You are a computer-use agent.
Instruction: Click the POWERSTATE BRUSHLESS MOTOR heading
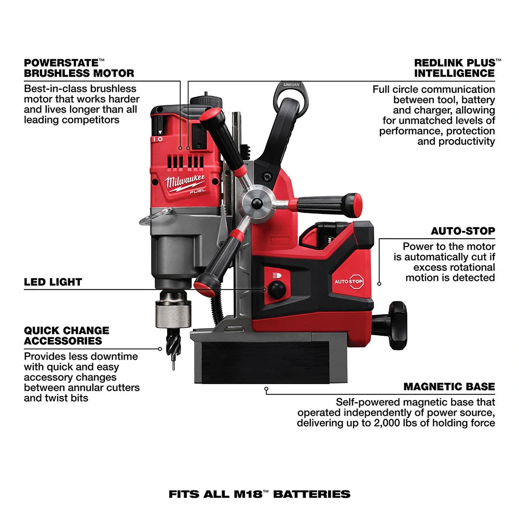[79, 67]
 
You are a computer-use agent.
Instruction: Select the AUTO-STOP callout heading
[463, 231]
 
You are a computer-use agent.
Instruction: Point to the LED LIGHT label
[53, 282]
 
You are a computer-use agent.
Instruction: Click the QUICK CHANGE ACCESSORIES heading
[66, 335]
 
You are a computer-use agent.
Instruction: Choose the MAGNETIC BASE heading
[449, 387]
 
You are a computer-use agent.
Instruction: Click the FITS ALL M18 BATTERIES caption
[259, 494]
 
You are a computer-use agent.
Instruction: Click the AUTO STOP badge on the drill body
[349, 281]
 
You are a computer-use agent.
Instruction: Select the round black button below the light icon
[277, 291]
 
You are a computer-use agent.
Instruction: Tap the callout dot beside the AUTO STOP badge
[379, 283]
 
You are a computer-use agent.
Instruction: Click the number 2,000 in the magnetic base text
[416, 423]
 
